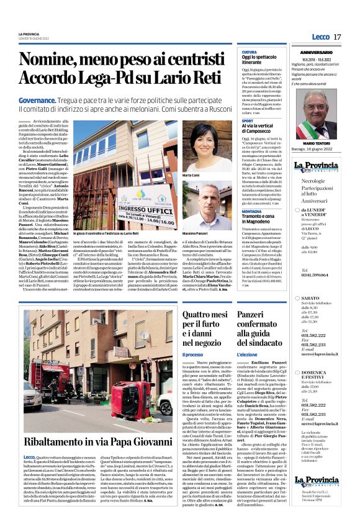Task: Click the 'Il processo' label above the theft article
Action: pyautogui.click(x=194, y=355)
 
